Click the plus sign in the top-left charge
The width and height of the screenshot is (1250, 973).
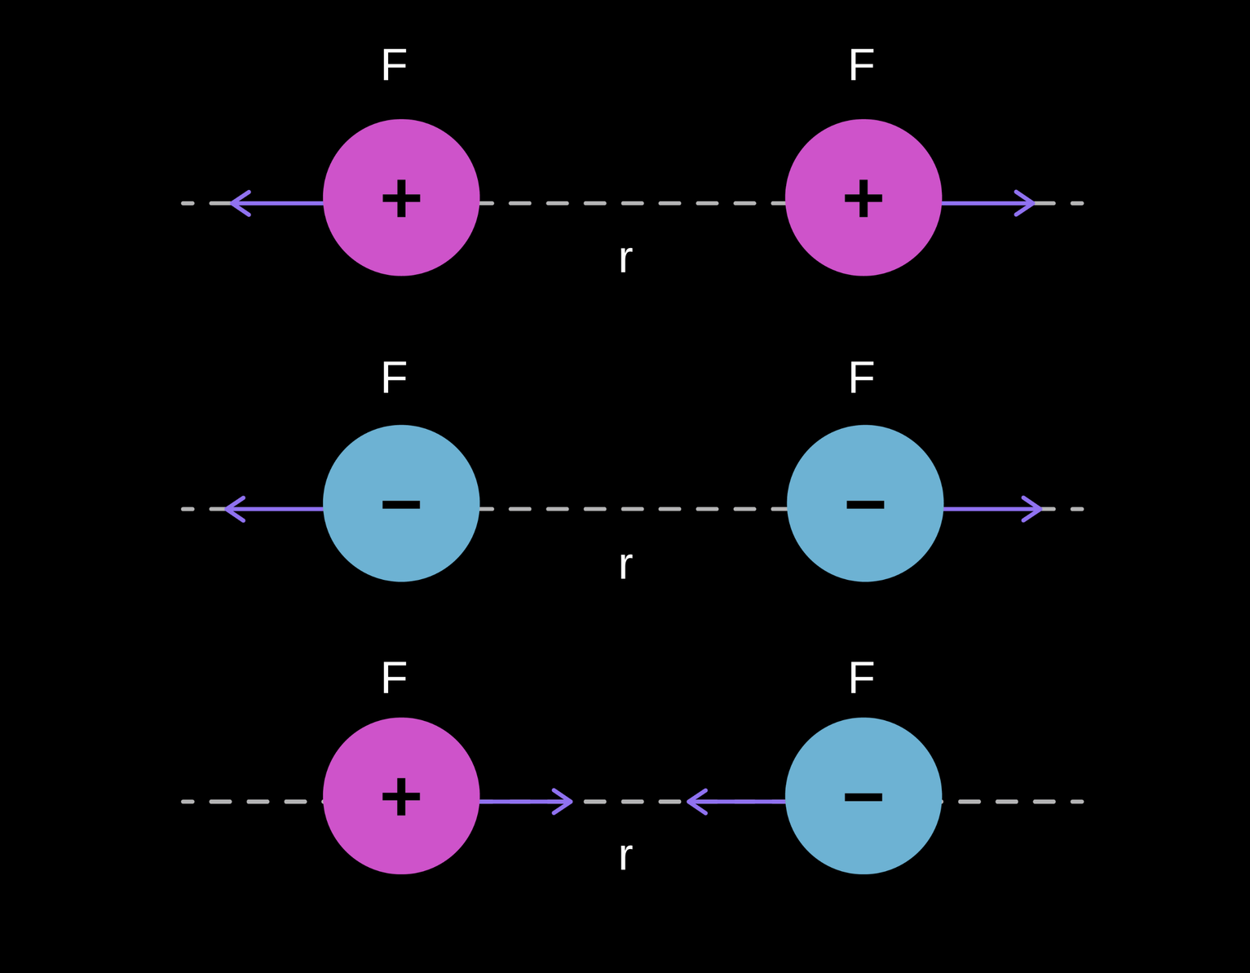pyautogui.click(x=401, y=198)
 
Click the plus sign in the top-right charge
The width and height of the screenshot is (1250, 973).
pyautogui.click(x=864, y=198)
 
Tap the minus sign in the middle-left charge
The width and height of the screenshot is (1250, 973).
pyautogui.click(x=401, y=505)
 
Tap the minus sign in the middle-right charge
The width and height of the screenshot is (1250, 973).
pyautogui.click(x=865, y=505)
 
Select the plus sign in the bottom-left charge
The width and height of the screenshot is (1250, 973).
pyautogui.click(x=401, y=796)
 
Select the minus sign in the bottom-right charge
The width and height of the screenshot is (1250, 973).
pyautogui.click(x=864, y=796)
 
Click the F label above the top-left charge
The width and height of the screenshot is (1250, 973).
pyautogui.click(x=394, y=65)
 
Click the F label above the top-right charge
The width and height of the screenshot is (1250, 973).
pyautogui.click(x=861, y=65)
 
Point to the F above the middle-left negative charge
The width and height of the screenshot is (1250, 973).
pyautogui.click(x=394, y=378)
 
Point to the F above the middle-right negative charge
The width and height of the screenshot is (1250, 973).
pyautogui.click(x=861, y=378)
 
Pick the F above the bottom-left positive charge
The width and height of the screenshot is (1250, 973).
pyautogui.click(x=394, y=678)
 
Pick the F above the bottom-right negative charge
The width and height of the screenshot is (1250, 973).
pyautogui.click(x=861, y=678)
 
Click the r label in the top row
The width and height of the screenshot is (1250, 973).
pyautogui.click(x=625, y=259)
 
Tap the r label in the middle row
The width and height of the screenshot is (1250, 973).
pyautogui.click(x=625, y=565)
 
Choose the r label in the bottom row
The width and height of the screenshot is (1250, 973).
pyautogui.click(x=625, y=856)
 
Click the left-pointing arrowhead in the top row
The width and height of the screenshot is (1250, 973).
pyautogui.click(x=237, y=203)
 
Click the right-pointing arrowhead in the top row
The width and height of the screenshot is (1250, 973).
pyautogui.click(x=1027, y=203)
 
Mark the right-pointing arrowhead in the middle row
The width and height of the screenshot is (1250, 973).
pyautogui.click(x=1035, y=509)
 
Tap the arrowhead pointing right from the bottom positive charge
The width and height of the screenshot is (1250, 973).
pyautogui.click(x=566, y=802)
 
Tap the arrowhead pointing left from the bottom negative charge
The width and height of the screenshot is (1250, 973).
pyautogui.click(x=695, y=802)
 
